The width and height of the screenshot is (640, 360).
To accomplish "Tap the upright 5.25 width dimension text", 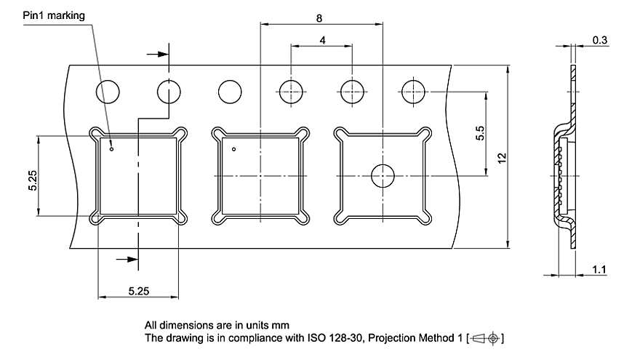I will tap(138, 291).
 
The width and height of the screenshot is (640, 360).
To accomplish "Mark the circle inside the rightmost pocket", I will tap(382, 175).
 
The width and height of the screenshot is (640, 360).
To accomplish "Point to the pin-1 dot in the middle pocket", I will tap(233, 150).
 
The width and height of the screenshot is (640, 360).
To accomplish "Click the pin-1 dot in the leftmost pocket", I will tap(111, 151).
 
